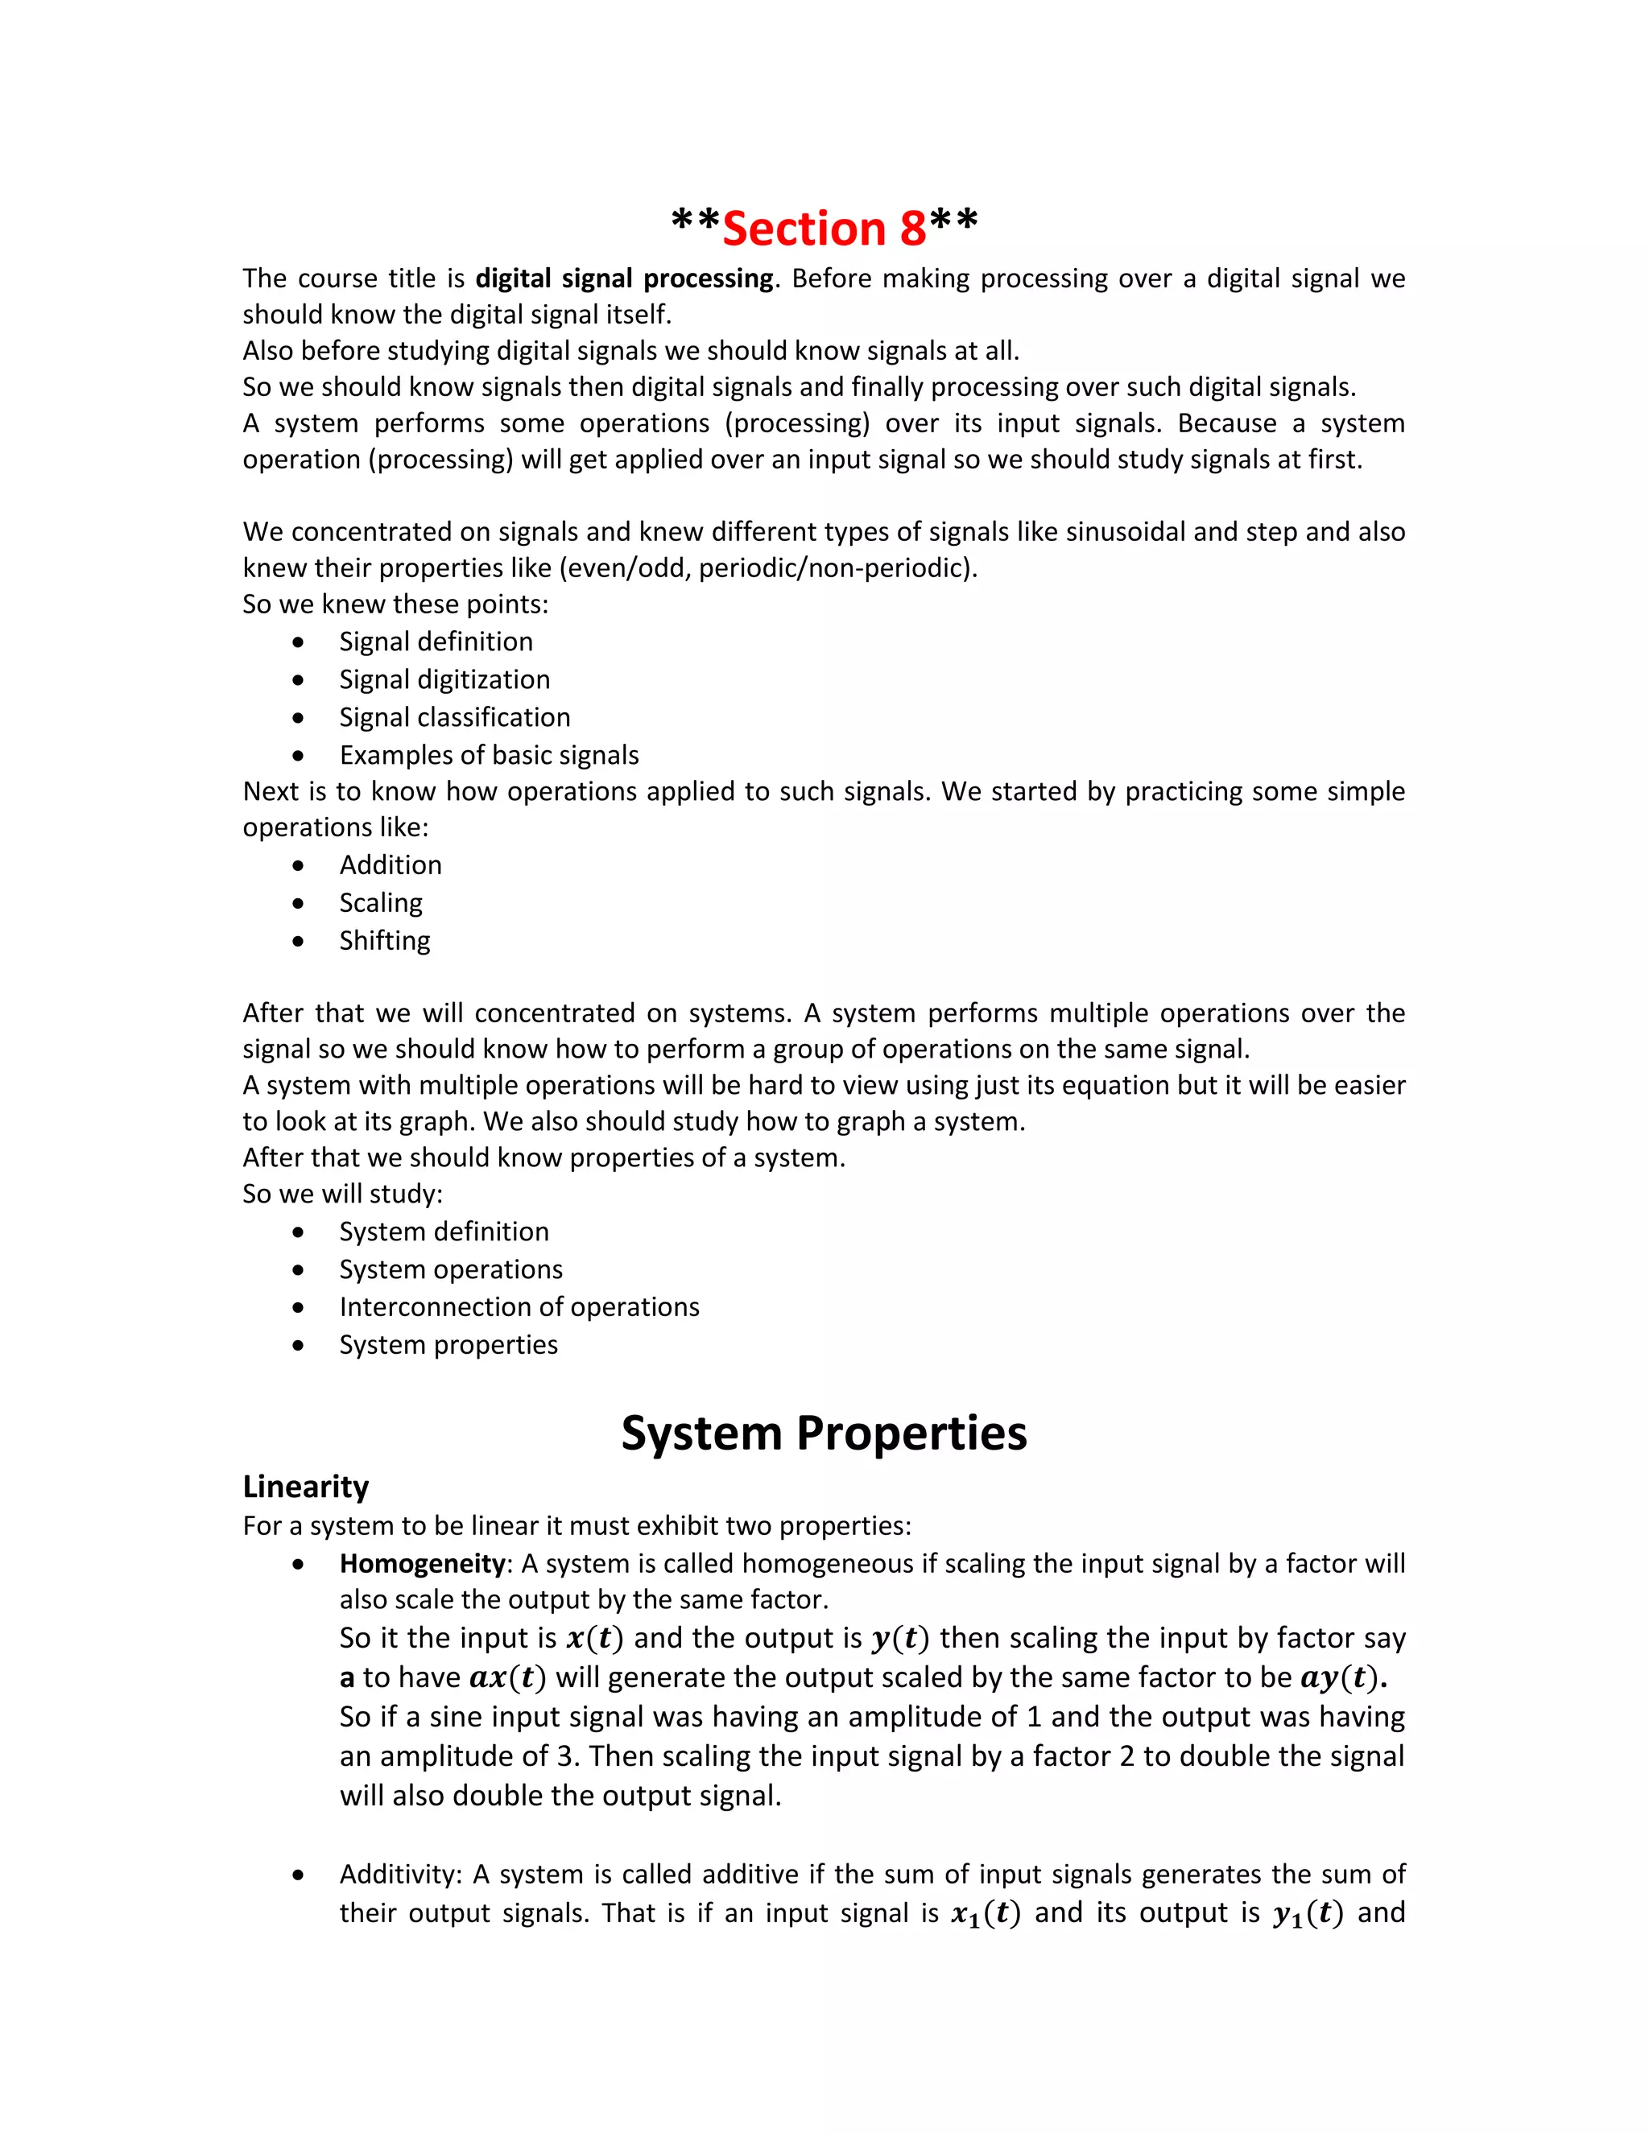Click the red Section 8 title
(824, 229)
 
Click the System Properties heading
(824, 1434)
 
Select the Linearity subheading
(306, 1487)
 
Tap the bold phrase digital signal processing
(624, 278)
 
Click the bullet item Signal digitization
(444, 680)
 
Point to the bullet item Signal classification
(454, 718)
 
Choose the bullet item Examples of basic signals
(489, 755)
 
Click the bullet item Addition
(390, 865)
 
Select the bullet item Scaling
(380, 902)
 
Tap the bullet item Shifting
(384, 940)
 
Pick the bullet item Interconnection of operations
(519, 1306)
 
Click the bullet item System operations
(450, 1269)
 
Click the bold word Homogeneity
(422, 1564)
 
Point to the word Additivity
(399, 1874)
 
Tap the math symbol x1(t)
(985, 1913)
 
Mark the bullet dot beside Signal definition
(298, 642)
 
